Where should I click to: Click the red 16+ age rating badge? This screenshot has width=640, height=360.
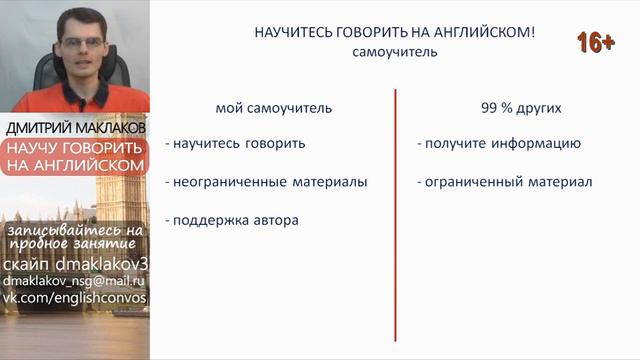point(595,42)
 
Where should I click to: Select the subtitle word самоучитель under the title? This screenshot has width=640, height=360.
point(395,52)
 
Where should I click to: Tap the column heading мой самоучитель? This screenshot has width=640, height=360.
point(273,107)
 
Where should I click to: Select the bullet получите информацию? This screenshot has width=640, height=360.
point(499,143)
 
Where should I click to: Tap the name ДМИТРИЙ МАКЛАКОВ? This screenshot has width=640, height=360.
point(75,129)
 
